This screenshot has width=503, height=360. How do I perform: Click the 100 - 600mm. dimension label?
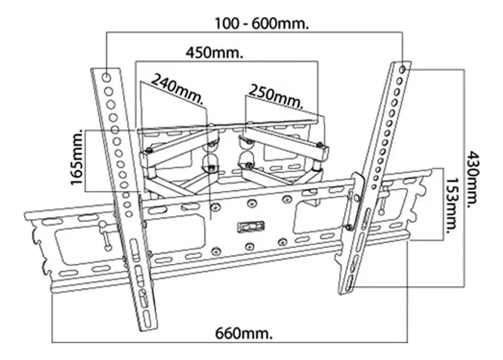point(262,23)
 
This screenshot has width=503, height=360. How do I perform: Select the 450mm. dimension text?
point(214,53)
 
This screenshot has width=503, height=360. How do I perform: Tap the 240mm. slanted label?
point(177,88)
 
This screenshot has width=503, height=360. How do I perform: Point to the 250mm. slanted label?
point(276,96)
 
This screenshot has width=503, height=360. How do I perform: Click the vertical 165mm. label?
point(77,157)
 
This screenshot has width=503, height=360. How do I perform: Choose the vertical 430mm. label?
point(474,179)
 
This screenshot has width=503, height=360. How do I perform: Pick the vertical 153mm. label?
point(451,202)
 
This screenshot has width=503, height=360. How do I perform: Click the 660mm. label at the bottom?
point(244,334)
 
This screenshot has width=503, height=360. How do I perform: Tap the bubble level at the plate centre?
point(250,227)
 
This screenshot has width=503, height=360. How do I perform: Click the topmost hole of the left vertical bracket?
point(107,77)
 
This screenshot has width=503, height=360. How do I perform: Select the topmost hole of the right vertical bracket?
point(402,68)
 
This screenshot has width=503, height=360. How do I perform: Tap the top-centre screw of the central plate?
point(251,203)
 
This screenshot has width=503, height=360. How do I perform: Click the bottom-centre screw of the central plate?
point(250,246)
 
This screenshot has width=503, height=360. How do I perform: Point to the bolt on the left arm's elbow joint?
point(148,150)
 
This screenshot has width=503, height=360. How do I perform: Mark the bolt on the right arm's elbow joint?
point(320,145)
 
